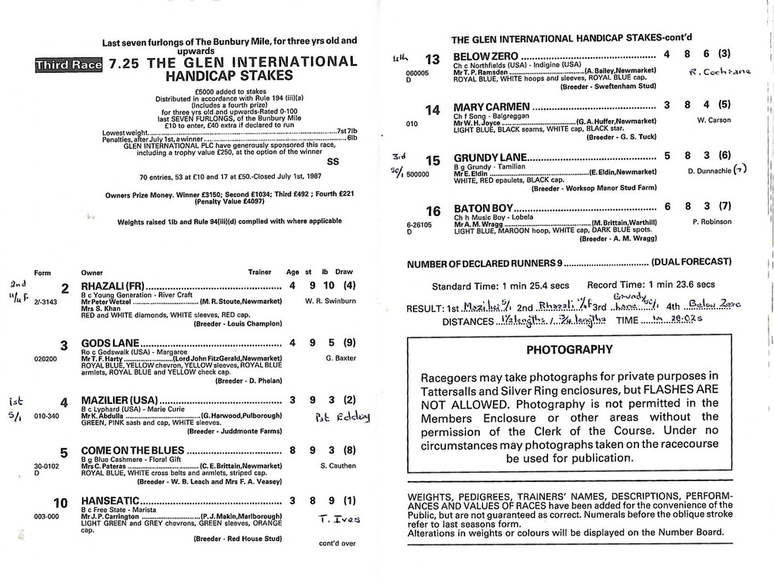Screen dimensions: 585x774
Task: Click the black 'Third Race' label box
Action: point(69,66)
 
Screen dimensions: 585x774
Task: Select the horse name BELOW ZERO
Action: point(485,57)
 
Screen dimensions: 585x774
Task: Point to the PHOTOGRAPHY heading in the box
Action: point(569,350)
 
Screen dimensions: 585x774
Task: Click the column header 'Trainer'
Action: point(259,272)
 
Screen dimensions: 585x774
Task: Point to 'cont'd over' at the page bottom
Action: point(337,543)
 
